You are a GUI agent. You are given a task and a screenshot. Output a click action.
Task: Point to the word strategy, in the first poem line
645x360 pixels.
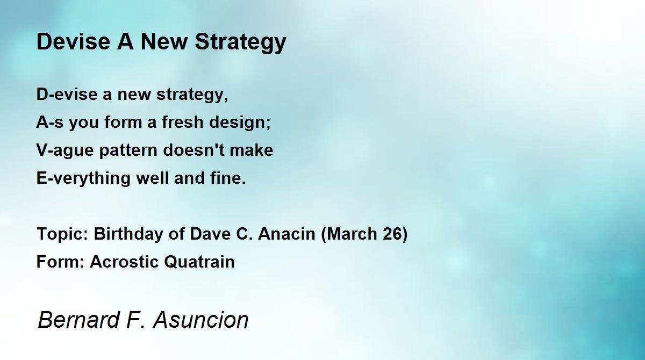pyautogui.click(x=192, y=96)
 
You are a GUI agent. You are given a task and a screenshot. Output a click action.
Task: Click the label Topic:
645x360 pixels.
pyautogui.click(x=62, y=234)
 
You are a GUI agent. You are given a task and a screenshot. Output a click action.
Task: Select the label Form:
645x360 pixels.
pyautogui.click(x=61, y=262)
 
